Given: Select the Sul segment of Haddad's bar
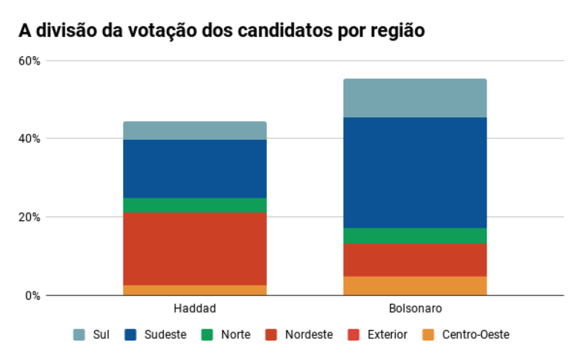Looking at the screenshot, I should point(195,131).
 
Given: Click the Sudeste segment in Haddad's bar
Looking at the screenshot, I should point(195,168).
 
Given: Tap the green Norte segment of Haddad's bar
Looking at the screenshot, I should point(195,205).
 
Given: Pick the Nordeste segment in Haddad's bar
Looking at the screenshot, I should point(195,249).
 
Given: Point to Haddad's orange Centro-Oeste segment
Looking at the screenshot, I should point(195,290).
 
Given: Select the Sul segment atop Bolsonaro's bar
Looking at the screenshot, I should point(415,98).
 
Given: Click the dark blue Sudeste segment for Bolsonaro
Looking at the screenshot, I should point(415,172).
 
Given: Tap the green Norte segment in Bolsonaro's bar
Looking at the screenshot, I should point(415,235).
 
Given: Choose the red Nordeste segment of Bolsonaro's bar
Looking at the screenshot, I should point(415,259).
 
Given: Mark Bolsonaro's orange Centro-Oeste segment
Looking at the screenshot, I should point(415,286).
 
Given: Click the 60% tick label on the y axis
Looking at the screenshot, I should point(29,61).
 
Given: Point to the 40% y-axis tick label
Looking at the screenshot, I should point(29,139).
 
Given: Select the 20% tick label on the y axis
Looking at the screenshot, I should point(29,217).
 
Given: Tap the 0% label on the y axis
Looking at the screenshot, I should point(32,295).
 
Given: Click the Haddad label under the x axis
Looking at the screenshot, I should point(195,309).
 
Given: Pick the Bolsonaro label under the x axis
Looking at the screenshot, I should point(415,309).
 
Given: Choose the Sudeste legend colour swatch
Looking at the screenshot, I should point(130,334).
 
